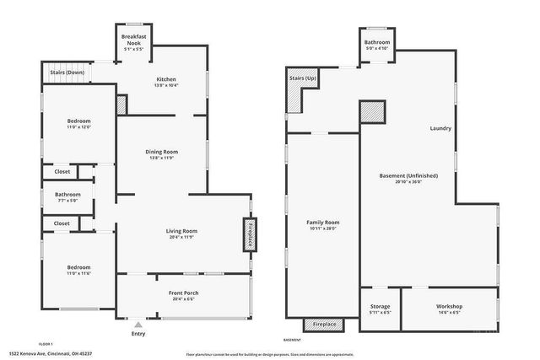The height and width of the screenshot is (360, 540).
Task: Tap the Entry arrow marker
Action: [x=138, y=322]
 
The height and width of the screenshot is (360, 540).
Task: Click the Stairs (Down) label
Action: [x=66, y=73]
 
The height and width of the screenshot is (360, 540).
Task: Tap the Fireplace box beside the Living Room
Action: [x=251, y=234]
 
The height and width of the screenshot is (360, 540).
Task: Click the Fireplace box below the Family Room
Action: [x=324, y=325]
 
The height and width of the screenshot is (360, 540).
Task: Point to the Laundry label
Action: [x=440, y=128]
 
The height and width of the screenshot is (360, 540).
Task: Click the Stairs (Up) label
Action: [x=302, y=78]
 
